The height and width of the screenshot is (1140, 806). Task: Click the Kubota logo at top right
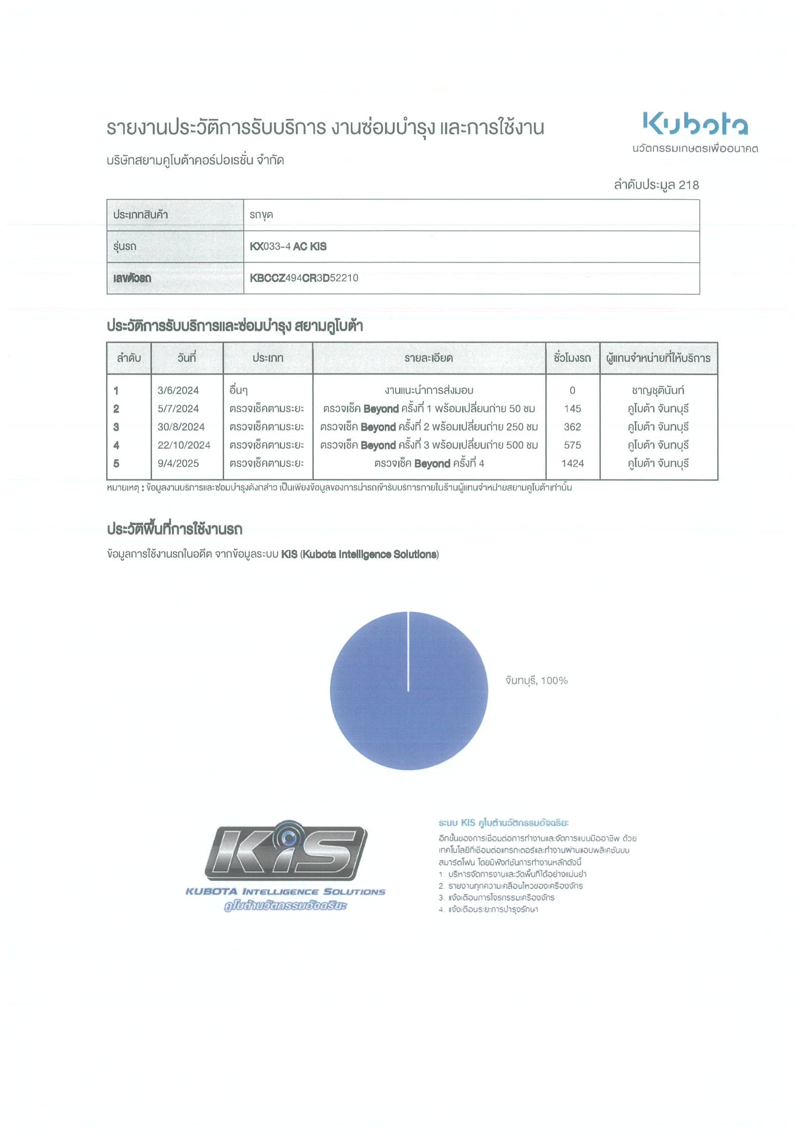click(695, 124)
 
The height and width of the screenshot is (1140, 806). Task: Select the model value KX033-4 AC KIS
click(288, 247)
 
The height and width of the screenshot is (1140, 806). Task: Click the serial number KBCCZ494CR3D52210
click(304, 278)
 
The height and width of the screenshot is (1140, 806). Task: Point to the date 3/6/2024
click(178, 391)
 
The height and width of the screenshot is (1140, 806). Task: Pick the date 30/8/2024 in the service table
click(181, 427)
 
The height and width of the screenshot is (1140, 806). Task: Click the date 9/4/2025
click(178, 464)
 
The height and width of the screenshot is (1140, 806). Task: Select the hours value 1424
click(572, 464)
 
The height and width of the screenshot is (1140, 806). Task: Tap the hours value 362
click(572, 427)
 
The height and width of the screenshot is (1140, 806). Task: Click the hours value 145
click(572, 409)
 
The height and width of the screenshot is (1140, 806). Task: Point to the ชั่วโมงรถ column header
click(572, 358)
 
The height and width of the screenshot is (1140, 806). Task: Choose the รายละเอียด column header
click(428, 358)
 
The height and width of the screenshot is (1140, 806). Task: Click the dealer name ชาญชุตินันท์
click(658, 391)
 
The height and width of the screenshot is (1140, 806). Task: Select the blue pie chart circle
click(409, 691)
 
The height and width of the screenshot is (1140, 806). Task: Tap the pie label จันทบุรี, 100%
click(537, 681)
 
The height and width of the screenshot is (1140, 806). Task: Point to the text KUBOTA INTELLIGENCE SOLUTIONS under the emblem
click(286, 892)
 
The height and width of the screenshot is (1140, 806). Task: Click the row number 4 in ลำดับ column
click(116, 445)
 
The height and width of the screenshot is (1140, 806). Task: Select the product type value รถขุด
click(261, 215)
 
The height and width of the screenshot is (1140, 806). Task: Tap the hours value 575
click(572, 445)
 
